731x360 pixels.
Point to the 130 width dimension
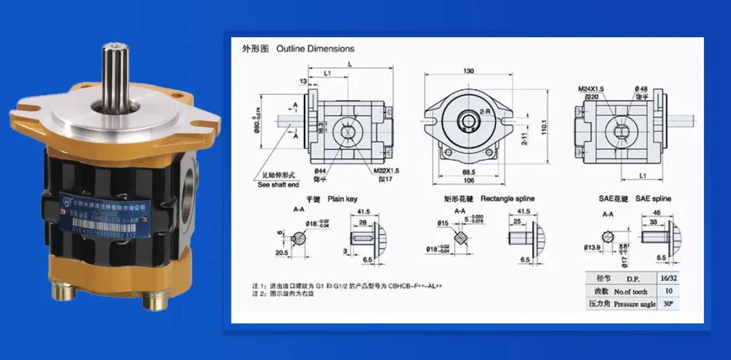[x=468, y=71]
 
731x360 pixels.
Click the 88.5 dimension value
[x=468, y=171]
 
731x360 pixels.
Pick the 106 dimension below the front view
[x=468, y=181]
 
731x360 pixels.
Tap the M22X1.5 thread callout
[x=386, y=170]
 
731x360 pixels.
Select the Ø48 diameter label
[x=640, y=89]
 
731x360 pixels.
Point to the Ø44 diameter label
[x=321, y=172]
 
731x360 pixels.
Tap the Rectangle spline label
[x=507, y=199]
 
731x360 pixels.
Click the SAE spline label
[x=652, y=199]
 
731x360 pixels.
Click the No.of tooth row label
[x=631, y=292]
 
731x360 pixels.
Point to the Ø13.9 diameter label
[x=592, y=248]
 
